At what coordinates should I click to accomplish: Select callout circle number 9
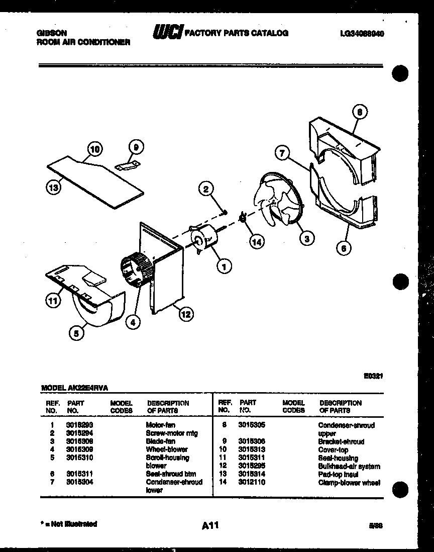point(135,147)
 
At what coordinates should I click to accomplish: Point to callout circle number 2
point(205,189)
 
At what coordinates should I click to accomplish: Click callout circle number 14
point(257,242)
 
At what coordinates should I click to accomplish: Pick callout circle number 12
point(185,315)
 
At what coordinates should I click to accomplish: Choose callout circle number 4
point(133,323)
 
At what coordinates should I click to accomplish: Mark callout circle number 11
point(52,301)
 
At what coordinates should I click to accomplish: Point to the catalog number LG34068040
point(364,34)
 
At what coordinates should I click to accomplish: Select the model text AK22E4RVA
point(91,388)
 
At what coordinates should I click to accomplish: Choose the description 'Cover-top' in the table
point(333,450)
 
